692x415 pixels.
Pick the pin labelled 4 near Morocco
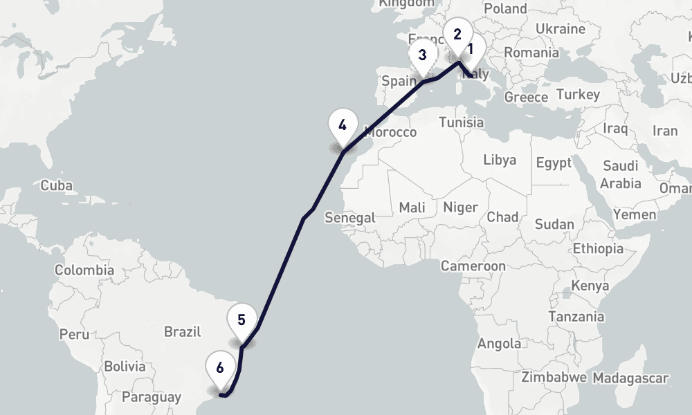[x=343, y=126]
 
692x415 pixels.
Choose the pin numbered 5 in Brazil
[x=242, y=320]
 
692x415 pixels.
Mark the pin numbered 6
[x=220, y=367]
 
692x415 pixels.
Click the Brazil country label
[x=182, y=332]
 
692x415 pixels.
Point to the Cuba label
[x=56, y=185]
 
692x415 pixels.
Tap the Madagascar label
[x=630, y=378]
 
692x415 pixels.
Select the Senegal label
[x=350, y=217]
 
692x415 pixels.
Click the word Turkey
[x=578, y=94]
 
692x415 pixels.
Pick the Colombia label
[x=84, y=270]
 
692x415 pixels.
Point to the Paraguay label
[x=152, y=397]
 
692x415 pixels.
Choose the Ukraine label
[x=561, y=29]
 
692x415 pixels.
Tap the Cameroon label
[x=473, y=266]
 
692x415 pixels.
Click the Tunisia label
[x=462, y=122]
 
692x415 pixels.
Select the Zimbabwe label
[x=554, y=378]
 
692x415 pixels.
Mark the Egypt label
[x=554, y=163]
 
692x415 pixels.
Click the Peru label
[x=74, y=334]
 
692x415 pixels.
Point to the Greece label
[x=526, y=98]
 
